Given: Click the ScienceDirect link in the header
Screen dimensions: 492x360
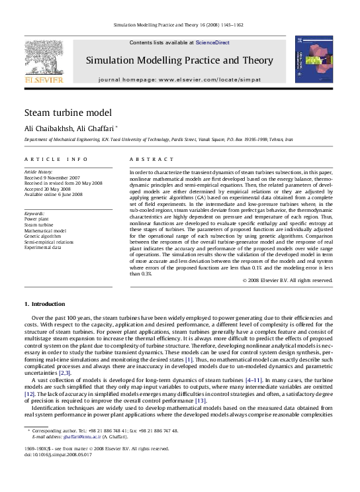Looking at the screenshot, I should (x=212, y=42).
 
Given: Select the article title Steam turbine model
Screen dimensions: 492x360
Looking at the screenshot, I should (x=68, y=113).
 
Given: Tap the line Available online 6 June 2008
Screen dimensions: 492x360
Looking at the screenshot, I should (x=54, y=194).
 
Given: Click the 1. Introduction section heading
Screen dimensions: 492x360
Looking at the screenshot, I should (x=45, y=303).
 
